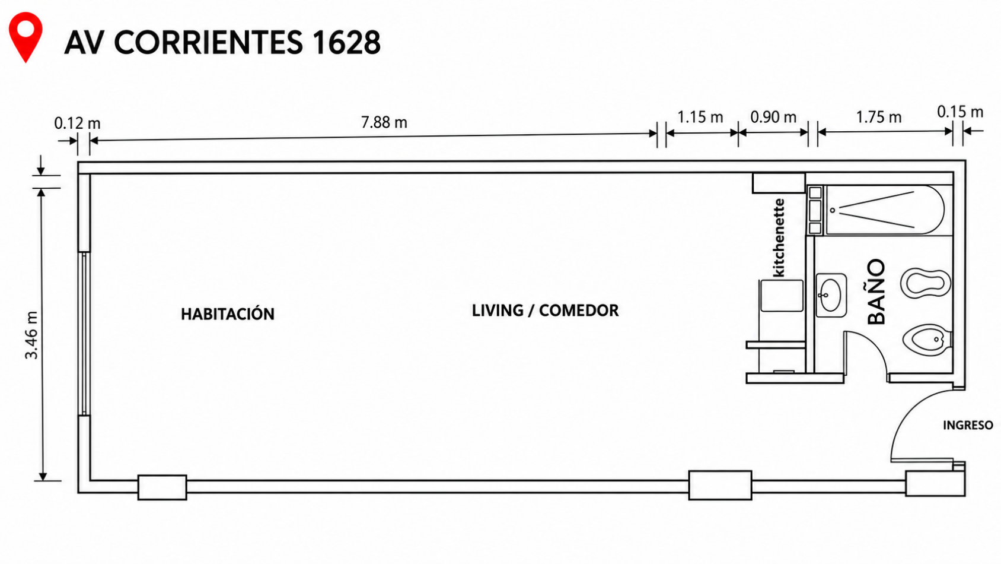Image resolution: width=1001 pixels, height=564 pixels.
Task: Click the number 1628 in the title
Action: [346, 43]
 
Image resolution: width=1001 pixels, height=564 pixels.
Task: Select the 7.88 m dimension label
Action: [384, 122]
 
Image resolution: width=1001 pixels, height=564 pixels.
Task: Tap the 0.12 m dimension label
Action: [77, 123]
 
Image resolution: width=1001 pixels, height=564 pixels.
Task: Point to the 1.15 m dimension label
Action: [700, 117]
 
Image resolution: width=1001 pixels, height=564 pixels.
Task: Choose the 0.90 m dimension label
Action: [773, 117]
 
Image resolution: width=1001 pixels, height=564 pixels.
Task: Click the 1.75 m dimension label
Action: [879, 117]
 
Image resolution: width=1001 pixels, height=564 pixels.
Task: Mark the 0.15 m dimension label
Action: [960, 112]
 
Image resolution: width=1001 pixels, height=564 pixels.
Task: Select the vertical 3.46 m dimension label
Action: [32, 335]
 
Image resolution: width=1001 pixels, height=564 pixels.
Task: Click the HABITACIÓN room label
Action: [228, 314]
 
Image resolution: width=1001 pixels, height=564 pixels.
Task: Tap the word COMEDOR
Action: [579, 310]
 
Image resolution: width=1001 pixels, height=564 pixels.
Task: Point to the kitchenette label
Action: [779, 237]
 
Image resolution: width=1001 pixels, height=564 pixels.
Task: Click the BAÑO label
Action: [876, 291]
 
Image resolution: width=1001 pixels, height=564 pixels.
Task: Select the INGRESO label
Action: [968, 425]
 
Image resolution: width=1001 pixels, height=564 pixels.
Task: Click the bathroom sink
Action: [831, 295]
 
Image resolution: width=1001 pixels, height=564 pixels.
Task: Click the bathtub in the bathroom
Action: [885, 210]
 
